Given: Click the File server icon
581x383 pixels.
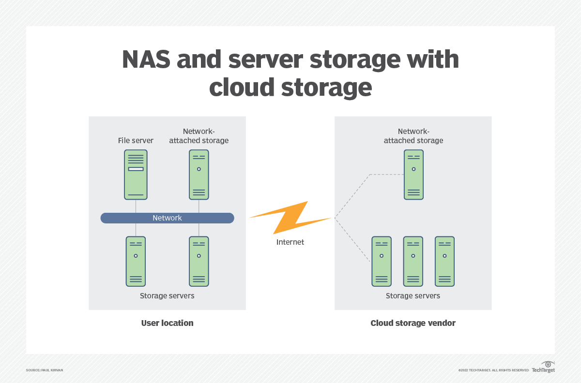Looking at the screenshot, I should tap(136, 175).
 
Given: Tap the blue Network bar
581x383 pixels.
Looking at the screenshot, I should tap(167, 218).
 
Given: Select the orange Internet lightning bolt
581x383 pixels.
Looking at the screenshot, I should tap(290, 218).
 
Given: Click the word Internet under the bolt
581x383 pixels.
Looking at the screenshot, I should tap(290, 242).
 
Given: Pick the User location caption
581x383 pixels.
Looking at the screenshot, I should tap(167, 323).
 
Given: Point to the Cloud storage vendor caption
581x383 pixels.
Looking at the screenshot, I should tap(413, 323).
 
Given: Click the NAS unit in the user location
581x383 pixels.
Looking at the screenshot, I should tap(199, 175).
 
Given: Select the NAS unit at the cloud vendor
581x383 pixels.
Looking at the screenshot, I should tap(413, 175).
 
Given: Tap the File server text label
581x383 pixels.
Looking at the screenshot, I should tap(136, 141).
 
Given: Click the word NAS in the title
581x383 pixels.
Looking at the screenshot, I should tap(146, 60).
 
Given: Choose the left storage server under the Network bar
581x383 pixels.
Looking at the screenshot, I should tap(136, 261).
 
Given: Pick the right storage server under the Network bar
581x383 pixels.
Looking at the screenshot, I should tap(199, 261).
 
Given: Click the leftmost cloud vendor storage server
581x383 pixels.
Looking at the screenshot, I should tap(382, 261).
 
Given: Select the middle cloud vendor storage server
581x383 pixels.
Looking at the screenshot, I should tap(413, 261).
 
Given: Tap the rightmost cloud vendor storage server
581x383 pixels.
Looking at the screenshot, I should tap(444, 261).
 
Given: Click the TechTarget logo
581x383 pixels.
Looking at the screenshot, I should tap(543, 367).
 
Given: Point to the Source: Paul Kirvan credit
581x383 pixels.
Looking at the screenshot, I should tap(45, 370).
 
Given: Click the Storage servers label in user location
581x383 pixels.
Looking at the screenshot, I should tap(167, 295).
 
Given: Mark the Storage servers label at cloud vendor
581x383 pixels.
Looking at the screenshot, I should tap(413, 295).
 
